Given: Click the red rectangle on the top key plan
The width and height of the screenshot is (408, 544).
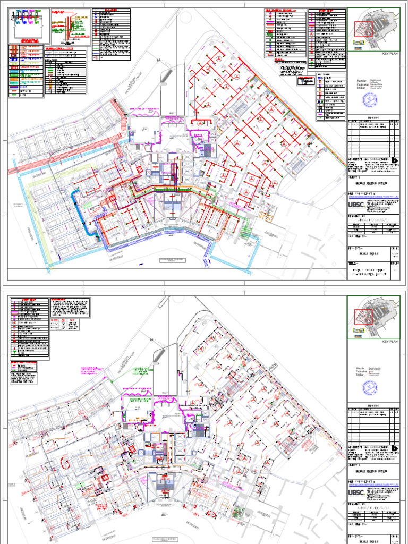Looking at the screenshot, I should (x=364, y=29).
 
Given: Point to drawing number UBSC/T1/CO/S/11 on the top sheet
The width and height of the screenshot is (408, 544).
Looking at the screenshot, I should (x=372, y=217).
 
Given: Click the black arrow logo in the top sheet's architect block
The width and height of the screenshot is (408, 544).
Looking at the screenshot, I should (x=394, y=161).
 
